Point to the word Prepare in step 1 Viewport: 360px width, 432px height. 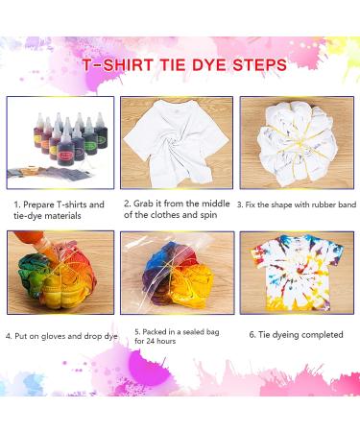click(40, 204)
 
